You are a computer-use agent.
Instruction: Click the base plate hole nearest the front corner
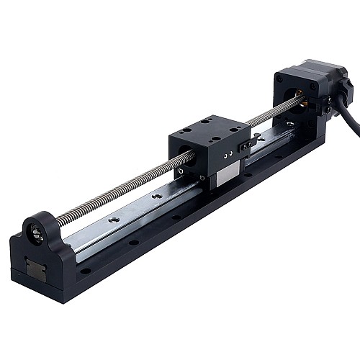86,271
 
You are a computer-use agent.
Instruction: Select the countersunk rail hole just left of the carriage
154,195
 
